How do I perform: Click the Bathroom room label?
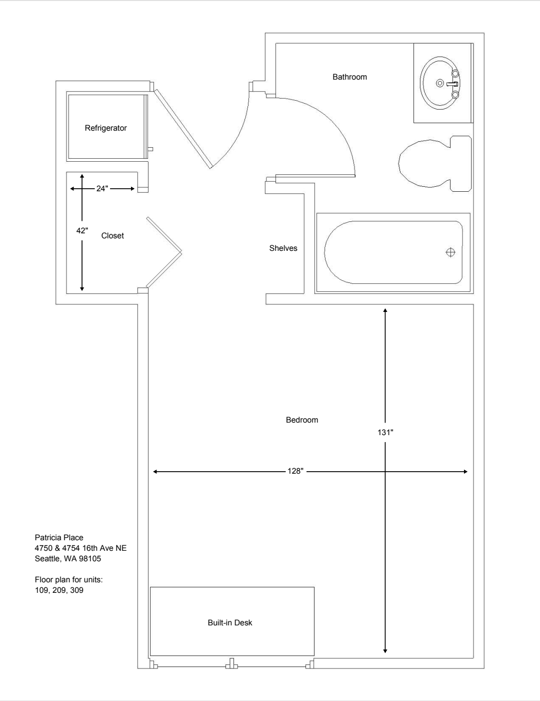pyautogui.click(x=349, y=77)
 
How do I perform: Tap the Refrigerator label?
pyautogui.click(x=105, y=128)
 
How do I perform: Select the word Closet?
pyautogui.click(x=112, y=236)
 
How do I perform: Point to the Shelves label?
pyautogui.click(x=283, y=248)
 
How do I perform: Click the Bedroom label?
pyautogui.click(x=302, y=420)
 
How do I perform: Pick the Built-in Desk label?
pyautogui.click(x=230, y=623)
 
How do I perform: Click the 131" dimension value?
pyautogui.click(x=385, y=432)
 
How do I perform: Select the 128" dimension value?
pyautogui.click(x=295, y=471)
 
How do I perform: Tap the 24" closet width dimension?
pyautogui.click(x=102, y=189)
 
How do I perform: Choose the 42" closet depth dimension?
pyautogui.click(x=82, y=231)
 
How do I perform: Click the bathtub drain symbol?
pyautogui.click(x=450, y=252)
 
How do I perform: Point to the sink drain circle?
pyautogui.click(x=440, y=83)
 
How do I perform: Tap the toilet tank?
pyautogui.click(x=461, y=164)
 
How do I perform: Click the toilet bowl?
pyautogui.click(x=424, y=164)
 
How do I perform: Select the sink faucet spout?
pyautogui.click(x=452, y=84)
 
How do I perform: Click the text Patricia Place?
pyautogui.click(x=59, y=538)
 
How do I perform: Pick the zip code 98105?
pyautogui.click(x=90, y=559)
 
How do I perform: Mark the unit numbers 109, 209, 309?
pyautogui.click(x=59, y=590)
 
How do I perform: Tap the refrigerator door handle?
pyautogui.click(x=150, y=149)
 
